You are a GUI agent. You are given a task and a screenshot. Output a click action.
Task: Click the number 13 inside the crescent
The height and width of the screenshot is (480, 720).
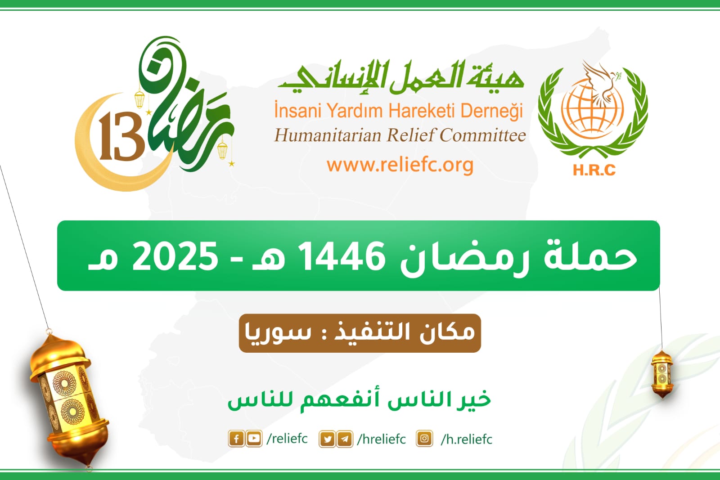(121, 136)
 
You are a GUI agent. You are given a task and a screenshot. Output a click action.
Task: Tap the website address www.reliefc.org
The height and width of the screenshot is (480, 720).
(400, 165)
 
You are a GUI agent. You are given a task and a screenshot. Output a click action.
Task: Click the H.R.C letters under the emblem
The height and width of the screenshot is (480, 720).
(594, 170)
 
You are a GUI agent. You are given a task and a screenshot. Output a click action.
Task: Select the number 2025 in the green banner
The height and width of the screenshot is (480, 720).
(175, 256)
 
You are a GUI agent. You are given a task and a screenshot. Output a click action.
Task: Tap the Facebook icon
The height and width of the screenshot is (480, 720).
(236, 439)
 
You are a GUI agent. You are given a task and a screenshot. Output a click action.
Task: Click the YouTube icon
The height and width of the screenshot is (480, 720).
(254, 439)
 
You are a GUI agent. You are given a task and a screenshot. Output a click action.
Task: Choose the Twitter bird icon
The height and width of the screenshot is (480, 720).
(327, 439)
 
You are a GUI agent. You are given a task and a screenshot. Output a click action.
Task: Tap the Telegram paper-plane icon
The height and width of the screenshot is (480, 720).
(345, 439)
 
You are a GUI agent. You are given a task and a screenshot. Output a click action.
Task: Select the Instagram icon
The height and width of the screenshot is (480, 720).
(424, 439)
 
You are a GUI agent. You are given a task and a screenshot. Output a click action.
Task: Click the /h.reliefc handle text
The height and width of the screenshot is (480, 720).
(466, 439)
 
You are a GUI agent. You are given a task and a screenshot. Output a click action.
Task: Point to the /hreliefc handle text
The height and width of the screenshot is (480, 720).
(382, 439)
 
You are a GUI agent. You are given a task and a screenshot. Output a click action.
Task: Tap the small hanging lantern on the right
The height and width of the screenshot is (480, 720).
(662, 374)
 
